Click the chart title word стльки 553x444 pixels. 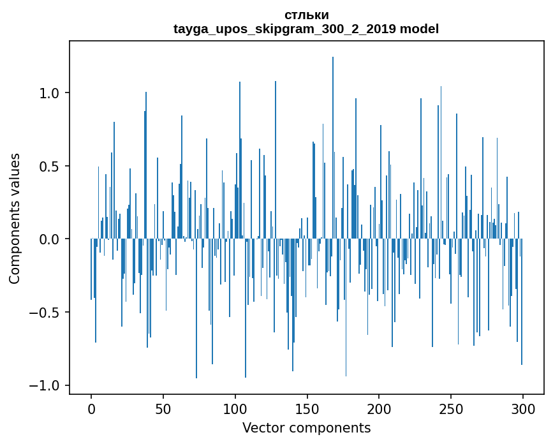(x=307, y=15)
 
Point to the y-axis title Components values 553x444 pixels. (x=15, y=218)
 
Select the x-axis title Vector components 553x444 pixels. (x=306, y=427)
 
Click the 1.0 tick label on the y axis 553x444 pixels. (x=51, y=93)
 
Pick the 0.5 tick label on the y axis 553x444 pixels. (x=51, y=166)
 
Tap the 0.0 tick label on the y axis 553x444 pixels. (x=51, y=239)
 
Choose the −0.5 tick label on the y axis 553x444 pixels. (x=47, y=313)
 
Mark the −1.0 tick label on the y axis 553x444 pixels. (x=47, y=386)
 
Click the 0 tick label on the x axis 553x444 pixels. (x=91, y=408)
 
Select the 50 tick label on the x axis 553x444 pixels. (x=163, y=408)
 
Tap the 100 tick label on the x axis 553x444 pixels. (x=235, y=408)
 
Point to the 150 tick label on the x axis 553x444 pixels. (x=307, y=408)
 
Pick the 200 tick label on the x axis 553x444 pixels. (x=380, y=408)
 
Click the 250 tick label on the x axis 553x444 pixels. (x=451, y=408)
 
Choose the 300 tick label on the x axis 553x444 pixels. (x=523, y=408)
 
